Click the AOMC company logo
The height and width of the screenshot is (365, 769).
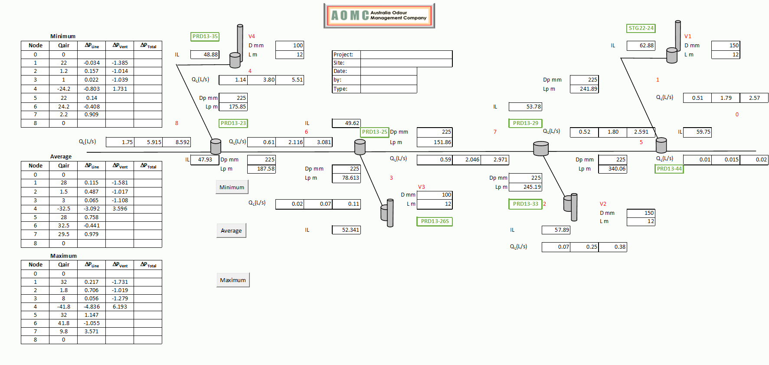[x=379, y=16]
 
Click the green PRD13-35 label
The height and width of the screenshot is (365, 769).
[x=205, y=36]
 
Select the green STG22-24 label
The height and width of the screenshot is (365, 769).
[x=641, y=28]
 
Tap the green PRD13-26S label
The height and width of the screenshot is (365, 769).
[x=434, y=221]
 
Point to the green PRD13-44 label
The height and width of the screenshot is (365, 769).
[x=669, y=169]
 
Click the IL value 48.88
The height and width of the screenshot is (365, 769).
[x=205, y=55]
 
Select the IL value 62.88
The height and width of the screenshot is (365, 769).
[x=641, y=46]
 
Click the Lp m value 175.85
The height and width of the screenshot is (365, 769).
[x=233, y=107]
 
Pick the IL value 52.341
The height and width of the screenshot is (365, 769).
[x=346, y=230]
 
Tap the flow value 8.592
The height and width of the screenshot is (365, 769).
[x=177, y=142]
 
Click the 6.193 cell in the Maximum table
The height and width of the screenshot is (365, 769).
[x=120, y=307]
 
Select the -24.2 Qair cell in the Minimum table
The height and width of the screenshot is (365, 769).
[x=63, y=89]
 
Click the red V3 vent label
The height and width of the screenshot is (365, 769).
[x=421, y=187]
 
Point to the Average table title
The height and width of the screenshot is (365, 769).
[x=61, y=157]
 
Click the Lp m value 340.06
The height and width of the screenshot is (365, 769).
[x=612, y=169]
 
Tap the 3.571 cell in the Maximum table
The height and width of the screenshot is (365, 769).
[x=92, y=332]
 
